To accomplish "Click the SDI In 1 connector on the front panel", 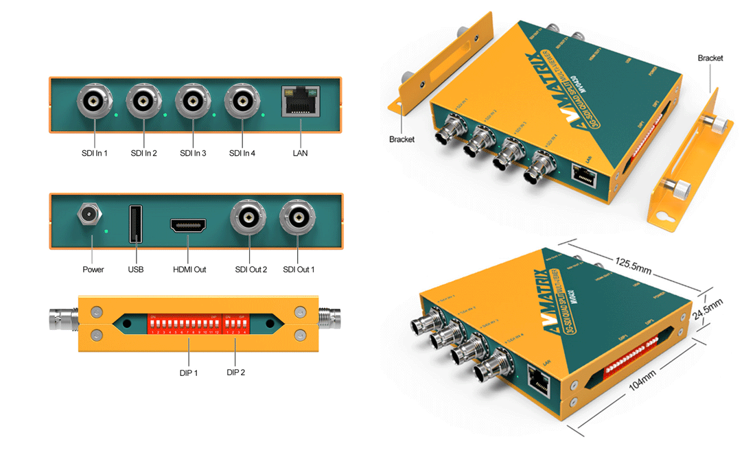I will pos(93,102).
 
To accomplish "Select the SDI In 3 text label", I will pos(193,153).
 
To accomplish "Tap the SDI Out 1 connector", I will pos(299,218).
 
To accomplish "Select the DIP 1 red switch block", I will pos(184,322).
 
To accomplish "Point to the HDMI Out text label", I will pos(189,270).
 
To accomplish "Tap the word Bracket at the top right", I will pos(710,58).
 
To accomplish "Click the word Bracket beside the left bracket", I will pos(402,139).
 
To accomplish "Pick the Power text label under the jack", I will pos(93,270).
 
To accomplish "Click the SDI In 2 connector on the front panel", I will pos(143,102).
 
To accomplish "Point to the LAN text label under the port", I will pos(300,153).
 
